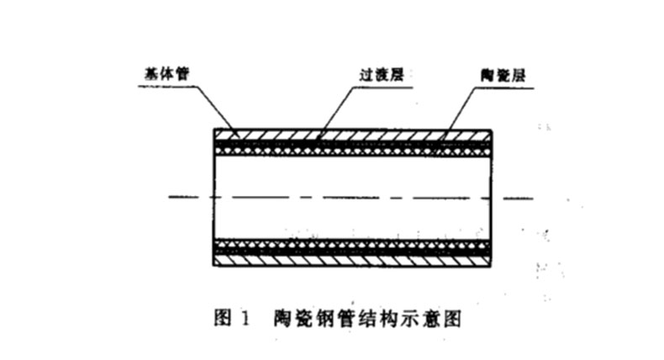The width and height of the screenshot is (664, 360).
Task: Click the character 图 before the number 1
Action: [224, 318]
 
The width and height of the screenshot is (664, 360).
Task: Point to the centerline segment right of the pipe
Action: [514, 198]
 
